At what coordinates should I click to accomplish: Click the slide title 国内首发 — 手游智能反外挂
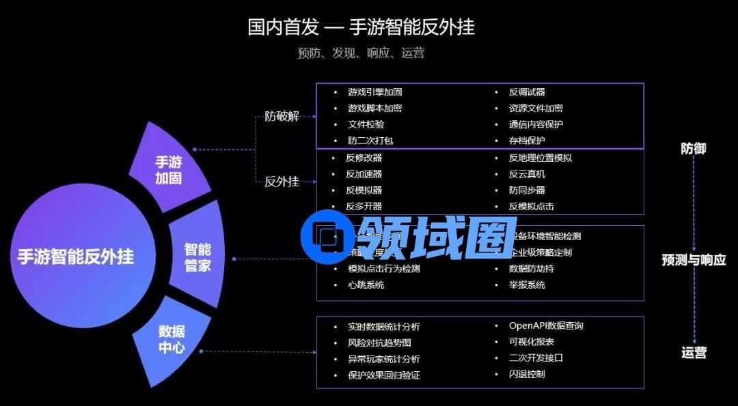[x=361, y=27]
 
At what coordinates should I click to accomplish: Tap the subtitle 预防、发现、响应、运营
[x=361, y=53]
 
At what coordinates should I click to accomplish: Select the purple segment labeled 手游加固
[x=169, y=169]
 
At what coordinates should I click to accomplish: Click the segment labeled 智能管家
[x=197, y=257]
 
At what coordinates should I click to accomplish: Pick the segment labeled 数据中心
[x=172, y=339]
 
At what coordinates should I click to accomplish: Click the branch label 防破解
[x=282, y=116]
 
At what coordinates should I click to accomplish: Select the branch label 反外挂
[x=282, y=182]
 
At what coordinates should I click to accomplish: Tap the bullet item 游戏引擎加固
[x=374, y=92]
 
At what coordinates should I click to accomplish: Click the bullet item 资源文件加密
[x=536, y=108]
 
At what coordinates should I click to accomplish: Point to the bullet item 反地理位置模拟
[x=540, y=158]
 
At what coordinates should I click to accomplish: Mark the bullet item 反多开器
[x=364, y=206]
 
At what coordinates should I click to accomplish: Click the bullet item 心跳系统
[x=366, y=285]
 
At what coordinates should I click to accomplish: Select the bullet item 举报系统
[x=527, y=285]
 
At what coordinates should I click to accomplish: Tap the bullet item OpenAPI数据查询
[x=546, y=325]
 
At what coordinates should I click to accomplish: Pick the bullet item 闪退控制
[x=527, y=374]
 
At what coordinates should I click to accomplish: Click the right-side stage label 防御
[x=693, y=148]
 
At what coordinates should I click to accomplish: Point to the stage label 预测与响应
[x=693, y=260]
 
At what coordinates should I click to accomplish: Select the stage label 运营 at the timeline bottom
[x=693, y=353]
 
